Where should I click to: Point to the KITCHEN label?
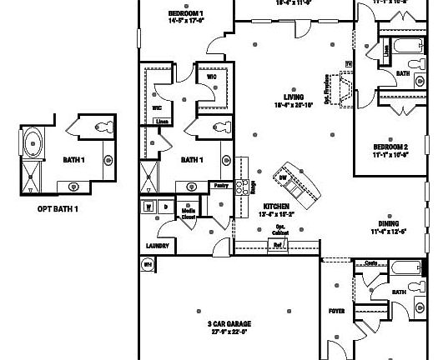point(275,206)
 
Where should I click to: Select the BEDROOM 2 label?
point(390,146)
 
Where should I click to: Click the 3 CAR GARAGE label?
point(229,323)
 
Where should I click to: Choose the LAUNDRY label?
point(158,247)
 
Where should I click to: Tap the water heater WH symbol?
point(148,266)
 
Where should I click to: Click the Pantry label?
point(221,187)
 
